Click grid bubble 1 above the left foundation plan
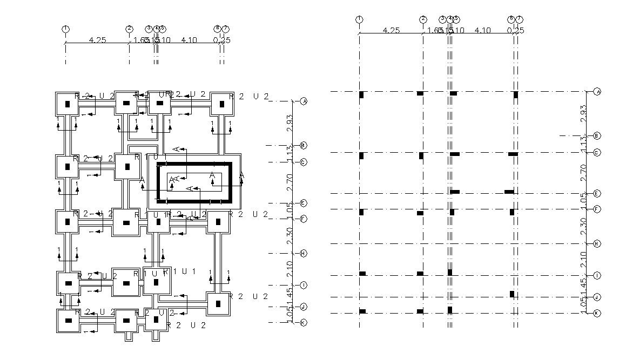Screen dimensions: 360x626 (65, 29)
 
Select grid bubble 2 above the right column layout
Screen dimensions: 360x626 (423, 19)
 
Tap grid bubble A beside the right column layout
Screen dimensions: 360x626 (597, 92)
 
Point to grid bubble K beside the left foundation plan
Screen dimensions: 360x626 (304, 323)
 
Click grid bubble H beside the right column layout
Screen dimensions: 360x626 (597, 244)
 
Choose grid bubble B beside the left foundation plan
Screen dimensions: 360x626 (304, 145)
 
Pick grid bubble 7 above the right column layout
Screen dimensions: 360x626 (520, 19)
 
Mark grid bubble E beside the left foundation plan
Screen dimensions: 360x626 (304, 203)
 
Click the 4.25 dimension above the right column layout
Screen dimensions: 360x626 (391, 30)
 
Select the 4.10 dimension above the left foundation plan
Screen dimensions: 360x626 (189, 40)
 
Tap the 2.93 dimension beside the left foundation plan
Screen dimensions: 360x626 (290, 123)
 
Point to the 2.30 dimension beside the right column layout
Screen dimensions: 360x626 (583, 227)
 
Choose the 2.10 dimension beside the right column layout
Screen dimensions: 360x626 (583, 260)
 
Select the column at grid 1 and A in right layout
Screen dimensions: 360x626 (361, 95)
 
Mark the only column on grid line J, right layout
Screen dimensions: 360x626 (512, 294)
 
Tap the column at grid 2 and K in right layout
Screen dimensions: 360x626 (420, 311)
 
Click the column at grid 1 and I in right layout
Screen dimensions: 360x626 (362, 274)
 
